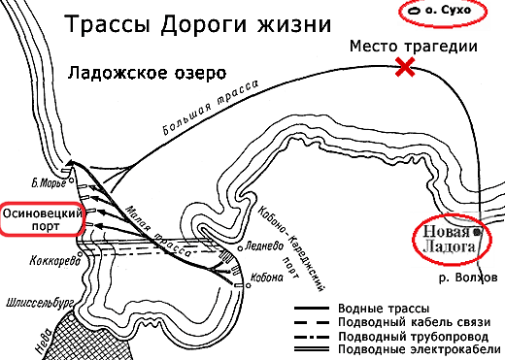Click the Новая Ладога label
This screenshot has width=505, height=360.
(447, 240)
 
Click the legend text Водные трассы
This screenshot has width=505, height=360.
(385, 305)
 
